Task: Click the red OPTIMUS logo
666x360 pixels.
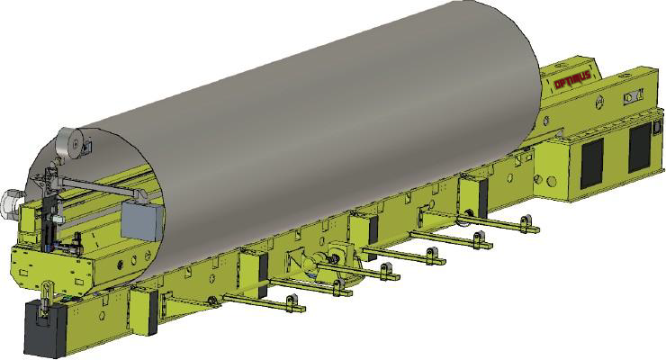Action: pos(573,79)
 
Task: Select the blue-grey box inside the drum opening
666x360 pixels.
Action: pos(143,221)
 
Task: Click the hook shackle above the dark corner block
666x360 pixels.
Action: pos(46,295)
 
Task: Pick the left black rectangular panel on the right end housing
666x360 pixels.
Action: pos(592,164)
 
